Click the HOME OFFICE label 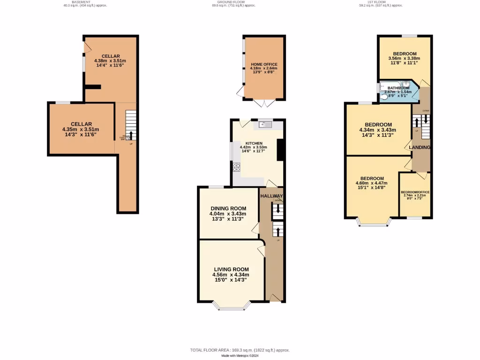264,64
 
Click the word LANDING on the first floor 420,147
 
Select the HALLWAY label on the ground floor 272,196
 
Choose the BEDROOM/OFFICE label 415,192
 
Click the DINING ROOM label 228,209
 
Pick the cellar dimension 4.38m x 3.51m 110,61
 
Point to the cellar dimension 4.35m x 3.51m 81,129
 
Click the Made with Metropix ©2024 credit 240,356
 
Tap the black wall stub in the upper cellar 93,86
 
